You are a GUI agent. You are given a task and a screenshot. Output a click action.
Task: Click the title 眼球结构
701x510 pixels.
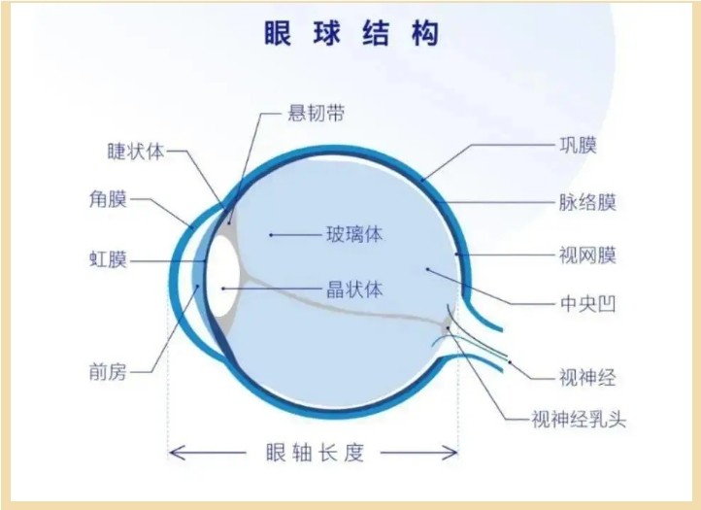click(351, 34)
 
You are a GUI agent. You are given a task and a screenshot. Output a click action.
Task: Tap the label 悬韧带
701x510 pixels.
click(317, 114)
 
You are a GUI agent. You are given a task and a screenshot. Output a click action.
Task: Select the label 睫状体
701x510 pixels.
click(136, 152)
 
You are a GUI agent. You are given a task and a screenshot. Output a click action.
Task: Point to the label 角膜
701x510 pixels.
click(108, 199)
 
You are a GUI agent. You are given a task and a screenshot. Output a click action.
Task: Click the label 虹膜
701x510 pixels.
click(108, 259)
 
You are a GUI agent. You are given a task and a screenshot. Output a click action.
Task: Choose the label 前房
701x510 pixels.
click(108, 372)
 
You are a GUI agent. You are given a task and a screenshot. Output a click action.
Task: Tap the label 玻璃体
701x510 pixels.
click(354, 234)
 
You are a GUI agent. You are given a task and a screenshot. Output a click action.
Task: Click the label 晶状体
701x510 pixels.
click(354, 289)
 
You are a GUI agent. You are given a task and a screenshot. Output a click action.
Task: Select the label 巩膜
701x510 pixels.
click(579, 145)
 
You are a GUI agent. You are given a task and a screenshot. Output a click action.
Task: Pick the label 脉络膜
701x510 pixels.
click(588, 202)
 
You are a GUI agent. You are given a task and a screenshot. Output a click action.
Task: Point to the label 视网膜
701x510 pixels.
click(588, 255)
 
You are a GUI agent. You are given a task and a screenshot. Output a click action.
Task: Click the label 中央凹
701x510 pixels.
click(588, 304)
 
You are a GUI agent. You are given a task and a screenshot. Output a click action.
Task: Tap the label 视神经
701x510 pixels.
click(588, 378)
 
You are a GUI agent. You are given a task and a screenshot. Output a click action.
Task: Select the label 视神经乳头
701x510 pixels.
click(579, 420)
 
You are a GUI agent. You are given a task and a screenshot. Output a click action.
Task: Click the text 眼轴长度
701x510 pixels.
click(316, 453)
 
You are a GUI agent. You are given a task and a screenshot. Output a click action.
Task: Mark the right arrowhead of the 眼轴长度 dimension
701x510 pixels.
click(451, 453)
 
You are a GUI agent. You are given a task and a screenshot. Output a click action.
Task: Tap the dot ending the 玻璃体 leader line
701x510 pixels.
click(271, 234)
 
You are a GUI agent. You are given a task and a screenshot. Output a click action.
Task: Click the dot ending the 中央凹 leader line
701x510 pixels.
click(427, 269)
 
